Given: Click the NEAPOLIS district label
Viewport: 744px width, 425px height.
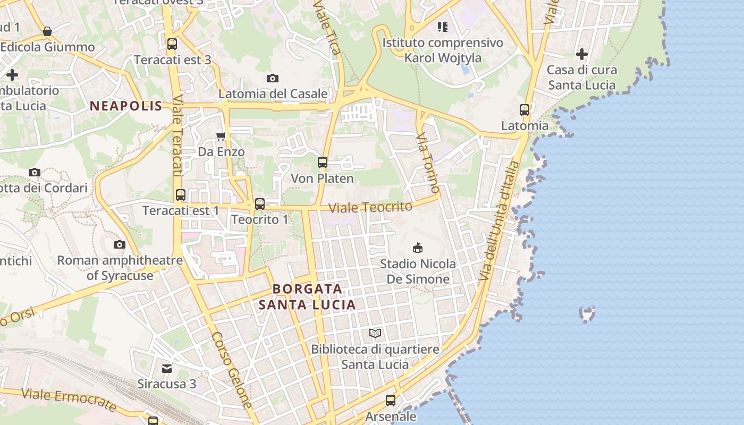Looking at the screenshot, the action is click(126, 106).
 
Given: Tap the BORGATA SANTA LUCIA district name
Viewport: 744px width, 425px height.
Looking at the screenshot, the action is click(307, 296).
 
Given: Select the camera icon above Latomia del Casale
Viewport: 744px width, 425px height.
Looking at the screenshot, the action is click(273, 79).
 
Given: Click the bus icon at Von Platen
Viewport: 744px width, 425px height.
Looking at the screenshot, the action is click(323, 163).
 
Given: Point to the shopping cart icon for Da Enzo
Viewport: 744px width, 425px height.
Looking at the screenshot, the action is click(221, 137).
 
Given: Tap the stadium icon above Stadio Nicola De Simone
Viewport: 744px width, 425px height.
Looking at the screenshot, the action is click(418, 248).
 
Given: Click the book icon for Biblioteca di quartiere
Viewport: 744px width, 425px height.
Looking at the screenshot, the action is click(375, 333).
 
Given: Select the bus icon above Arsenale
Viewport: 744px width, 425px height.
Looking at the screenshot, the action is click(391, 401).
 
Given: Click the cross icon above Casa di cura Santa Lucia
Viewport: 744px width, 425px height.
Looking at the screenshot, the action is click(582, 54).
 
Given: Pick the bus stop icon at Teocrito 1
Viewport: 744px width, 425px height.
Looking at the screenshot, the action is click(260, 204).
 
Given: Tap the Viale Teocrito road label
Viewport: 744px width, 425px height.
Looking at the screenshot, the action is click(370, 207).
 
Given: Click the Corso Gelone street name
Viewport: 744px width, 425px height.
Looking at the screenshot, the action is click(232, 370).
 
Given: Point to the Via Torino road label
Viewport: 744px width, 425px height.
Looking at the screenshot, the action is click(428, 164).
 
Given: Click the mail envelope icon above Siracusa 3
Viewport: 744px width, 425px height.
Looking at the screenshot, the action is click(167, 368).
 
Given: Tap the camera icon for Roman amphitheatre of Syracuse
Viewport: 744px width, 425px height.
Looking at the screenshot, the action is click(120, 244).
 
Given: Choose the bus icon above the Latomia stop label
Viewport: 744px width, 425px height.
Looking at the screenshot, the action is click(525, 110).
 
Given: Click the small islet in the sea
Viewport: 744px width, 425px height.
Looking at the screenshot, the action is click(587, 314).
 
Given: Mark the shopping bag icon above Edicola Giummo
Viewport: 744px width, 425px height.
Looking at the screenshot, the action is click(47, 31).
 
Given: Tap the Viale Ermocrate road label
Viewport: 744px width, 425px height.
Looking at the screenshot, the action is click(69, 400).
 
